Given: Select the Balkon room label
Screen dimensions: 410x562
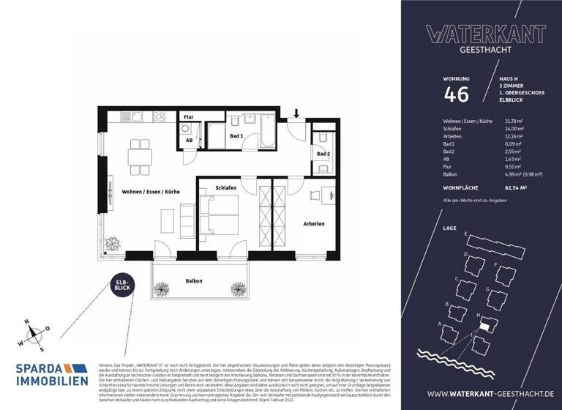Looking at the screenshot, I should point(193,280).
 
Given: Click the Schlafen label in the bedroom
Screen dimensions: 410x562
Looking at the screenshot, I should point(225,188).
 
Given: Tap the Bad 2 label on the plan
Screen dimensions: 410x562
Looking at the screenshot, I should point(323,154).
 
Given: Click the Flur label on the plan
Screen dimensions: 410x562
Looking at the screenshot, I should point(188,117).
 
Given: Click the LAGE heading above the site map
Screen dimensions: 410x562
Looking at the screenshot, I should point(450,228).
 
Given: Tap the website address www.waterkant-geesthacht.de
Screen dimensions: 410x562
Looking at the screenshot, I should point(484,395).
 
